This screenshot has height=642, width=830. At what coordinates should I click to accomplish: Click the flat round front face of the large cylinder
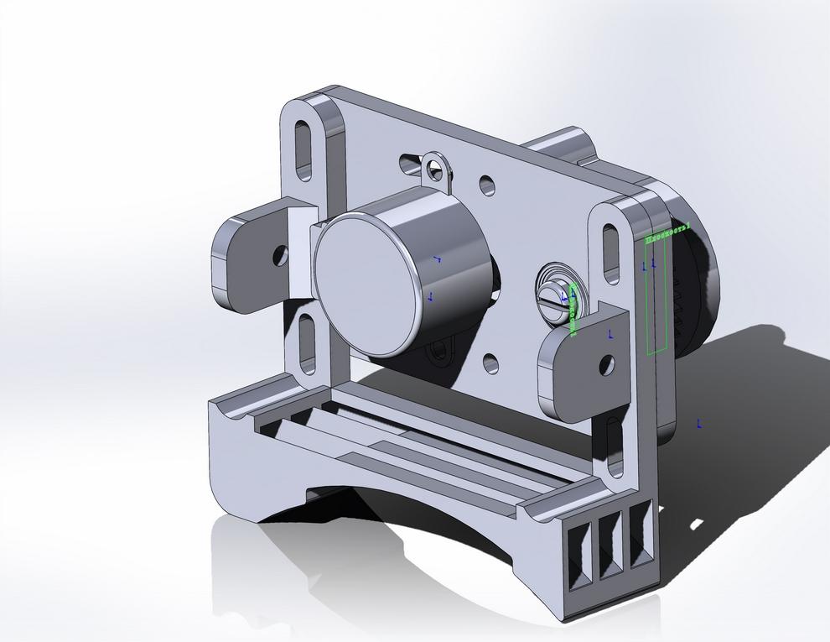click(x=366, y=282)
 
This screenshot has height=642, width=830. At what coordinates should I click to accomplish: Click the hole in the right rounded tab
click(x=606, y=364)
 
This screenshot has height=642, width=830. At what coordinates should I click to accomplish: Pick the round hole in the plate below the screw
click(x=491, y=363)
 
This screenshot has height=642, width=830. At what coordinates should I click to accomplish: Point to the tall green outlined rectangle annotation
click(x=657, y=294)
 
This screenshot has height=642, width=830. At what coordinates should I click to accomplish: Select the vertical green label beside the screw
click(x=573, y=310)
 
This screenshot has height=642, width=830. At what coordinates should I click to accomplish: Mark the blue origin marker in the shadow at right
click(x=698, y=424)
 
